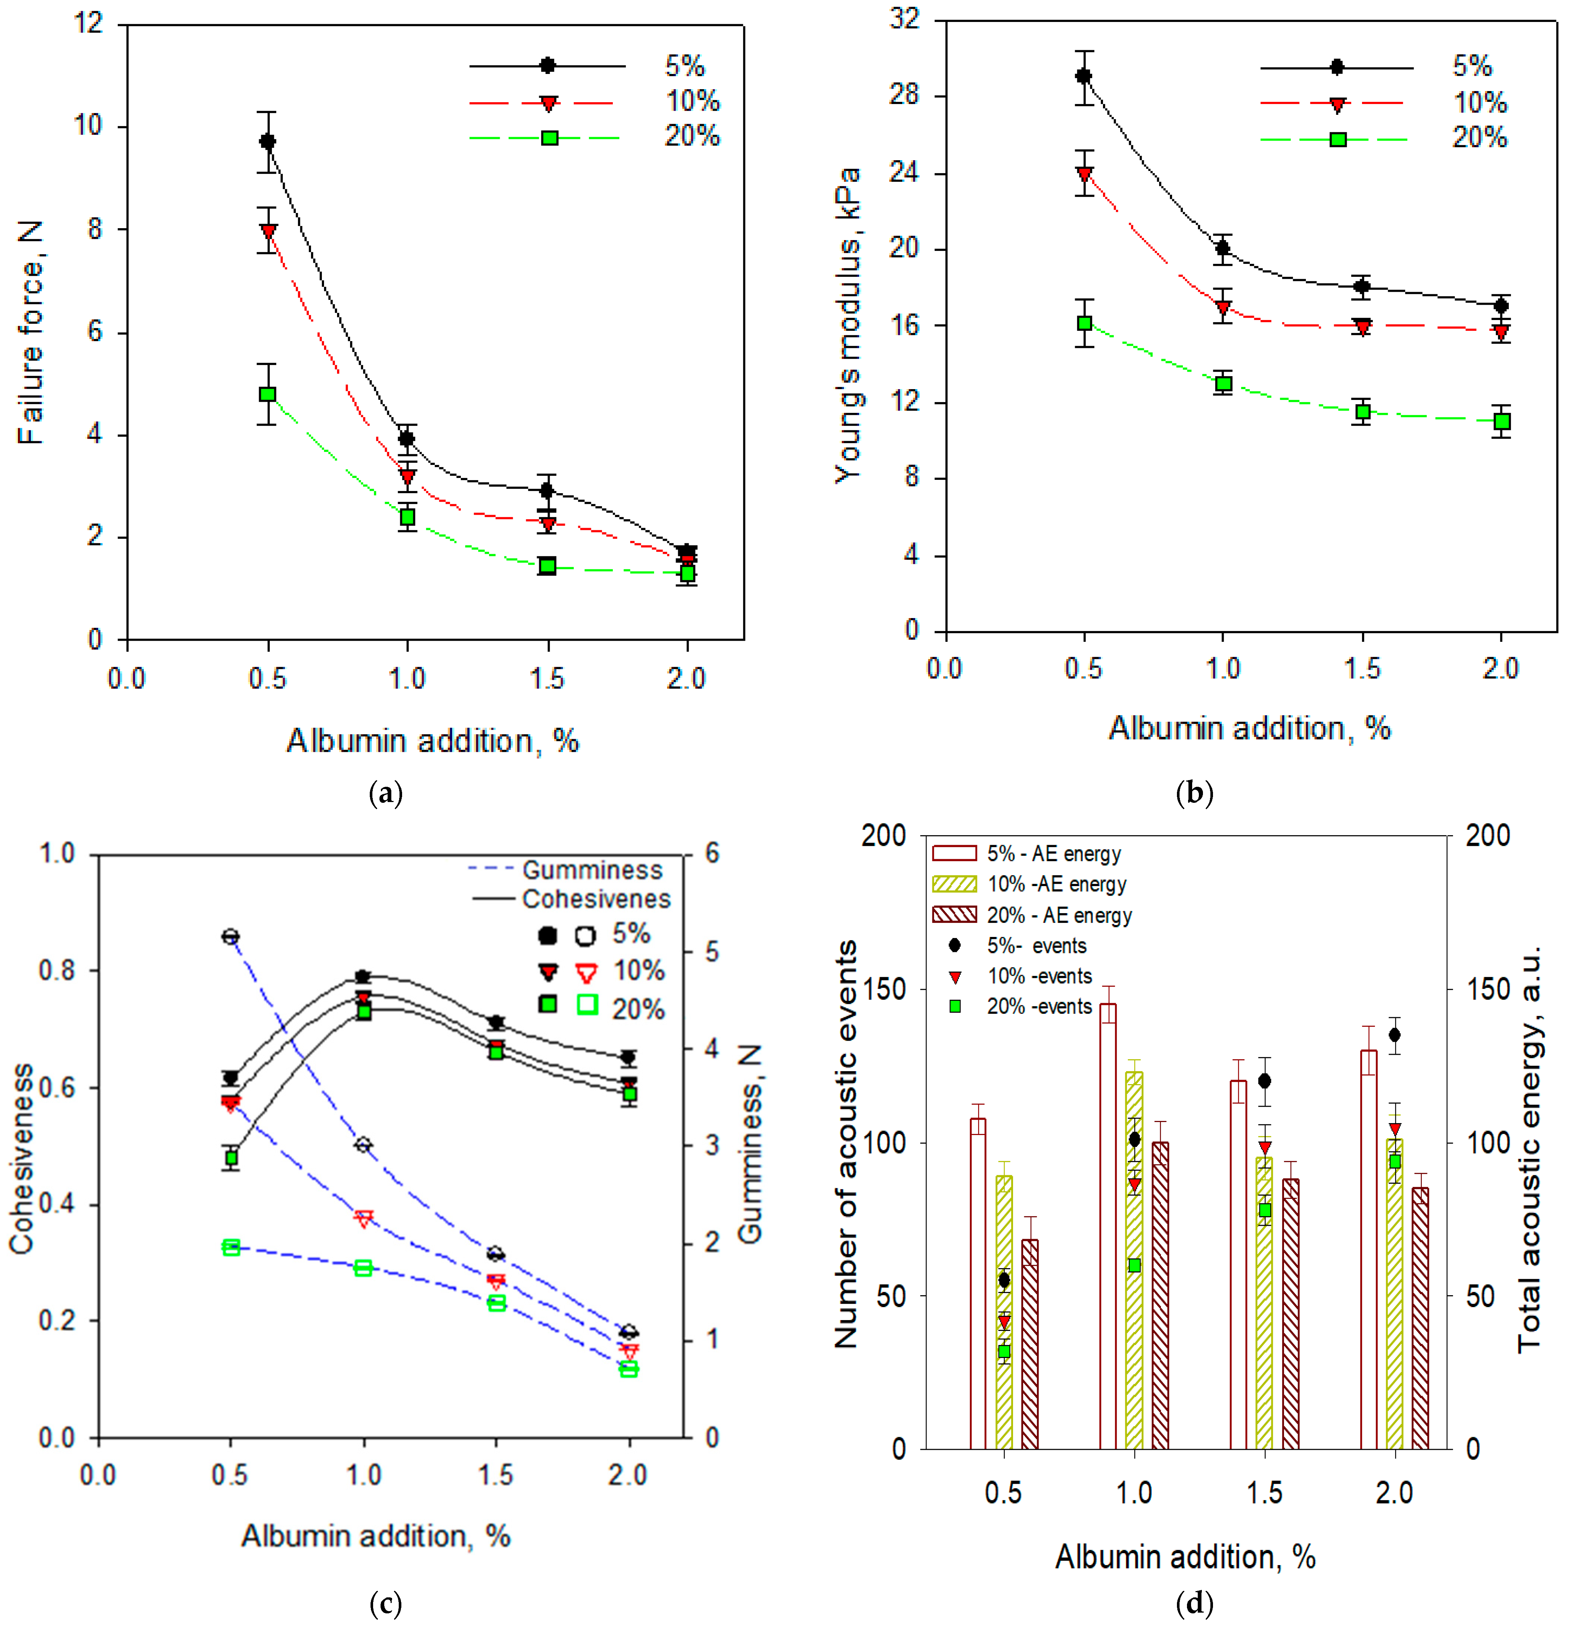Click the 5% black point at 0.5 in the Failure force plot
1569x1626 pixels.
click(267, 142)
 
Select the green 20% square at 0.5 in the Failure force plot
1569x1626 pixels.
click(267, 394)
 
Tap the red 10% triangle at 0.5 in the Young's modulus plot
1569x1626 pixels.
click(1084, 174)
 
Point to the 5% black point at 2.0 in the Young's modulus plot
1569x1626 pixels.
click(1500, 306)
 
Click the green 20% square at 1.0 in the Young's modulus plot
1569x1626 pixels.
click(1223, 383)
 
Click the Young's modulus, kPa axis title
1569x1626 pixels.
click(848, 325)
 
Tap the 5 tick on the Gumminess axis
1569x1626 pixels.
click(712, 951)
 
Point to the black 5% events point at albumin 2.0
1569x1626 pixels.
click(1395, 1034)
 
